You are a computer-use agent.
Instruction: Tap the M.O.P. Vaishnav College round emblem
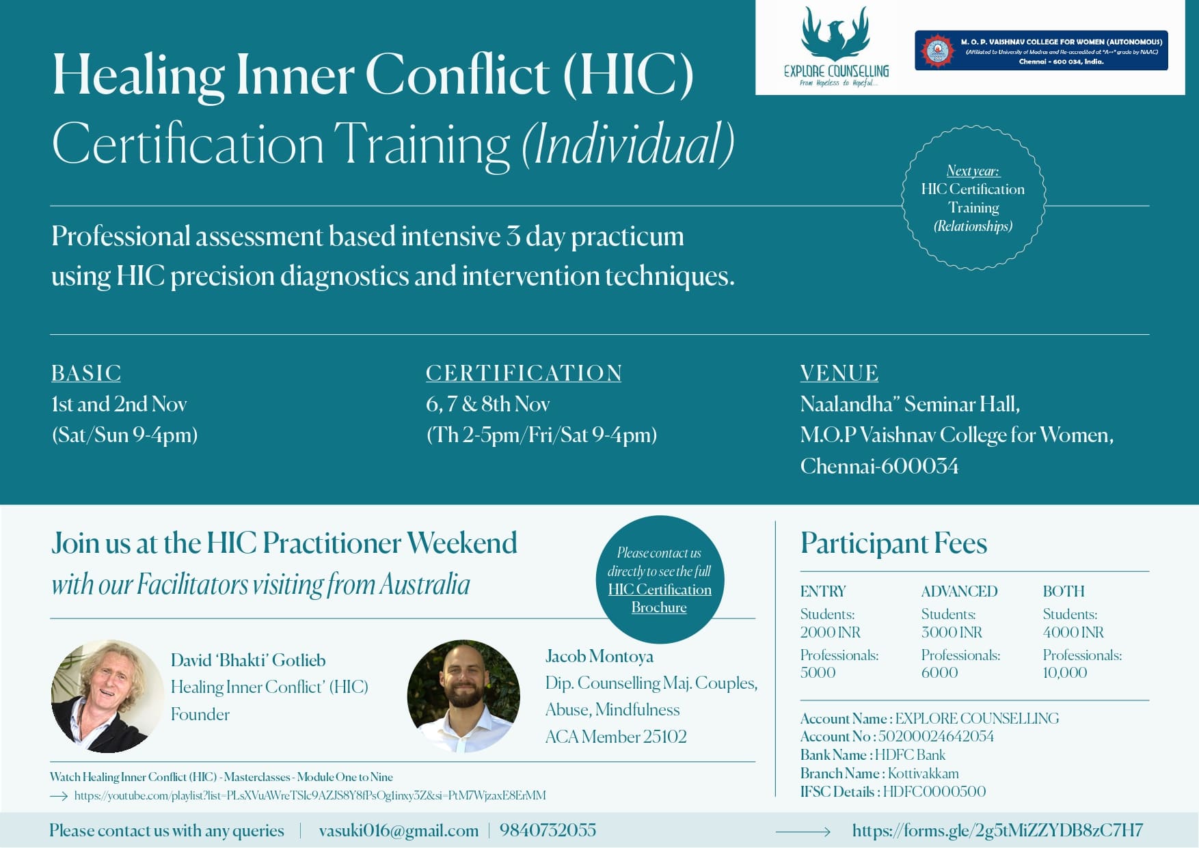click(x=937, y=51)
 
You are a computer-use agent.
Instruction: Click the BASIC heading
click(x=86, y=373)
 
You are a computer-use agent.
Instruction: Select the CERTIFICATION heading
click(x=524, y=373)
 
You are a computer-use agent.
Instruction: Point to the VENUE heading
click(x=839, y=373)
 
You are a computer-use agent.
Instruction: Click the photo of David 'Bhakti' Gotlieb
click(x=107, y=696)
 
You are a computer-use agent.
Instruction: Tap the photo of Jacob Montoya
click(x=463, y=696)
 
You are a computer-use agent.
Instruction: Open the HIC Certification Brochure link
click(x=660, y=598)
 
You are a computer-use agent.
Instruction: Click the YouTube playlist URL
click(x=310, y=795)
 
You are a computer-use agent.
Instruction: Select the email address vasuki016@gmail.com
click(x=399, y=830)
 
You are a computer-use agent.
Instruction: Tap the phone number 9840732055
click(x=548, y=830)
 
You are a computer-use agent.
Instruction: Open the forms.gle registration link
click(x=997, y=830)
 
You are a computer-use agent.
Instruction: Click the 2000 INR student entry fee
click(x=831, y=632)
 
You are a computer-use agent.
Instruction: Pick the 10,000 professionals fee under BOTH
click(x=1065, y=672)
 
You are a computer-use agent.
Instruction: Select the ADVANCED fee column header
click(x=959, y=591)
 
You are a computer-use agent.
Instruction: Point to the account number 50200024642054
click(x=936, y=737)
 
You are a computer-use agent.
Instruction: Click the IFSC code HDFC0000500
click(x=934, y=792)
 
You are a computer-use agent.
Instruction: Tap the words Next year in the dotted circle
click(x=973, y=171)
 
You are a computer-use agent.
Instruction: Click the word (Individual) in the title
click(x=628, y=144)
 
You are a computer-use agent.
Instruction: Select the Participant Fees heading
click(x=894, y=544)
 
